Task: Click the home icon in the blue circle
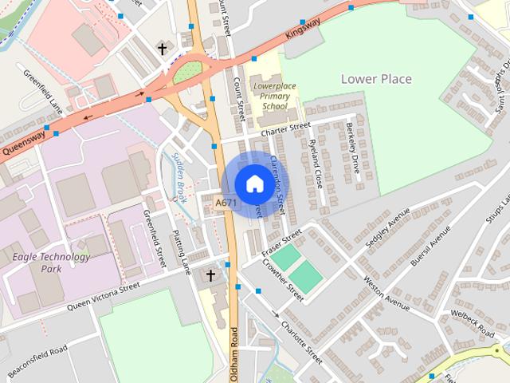click(x=253, y=184)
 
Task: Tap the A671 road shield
click(x=226, y=204)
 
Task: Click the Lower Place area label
click(x=376, y=79)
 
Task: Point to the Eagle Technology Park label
click(x=51, y=263)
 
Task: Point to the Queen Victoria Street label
click(x=103, y=297)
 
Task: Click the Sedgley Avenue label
click(x=382, y=231)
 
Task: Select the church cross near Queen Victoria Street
click(x=211, y=276)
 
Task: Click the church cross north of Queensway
click(x=162, y=49)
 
